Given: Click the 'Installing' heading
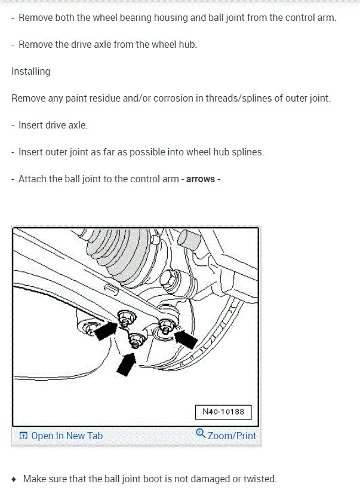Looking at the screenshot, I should (30, 71).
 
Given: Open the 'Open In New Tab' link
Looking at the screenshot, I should (66, 436).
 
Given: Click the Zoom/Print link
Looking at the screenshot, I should (232, 436).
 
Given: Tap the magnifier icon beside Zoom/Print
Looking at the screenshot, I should (201, 434).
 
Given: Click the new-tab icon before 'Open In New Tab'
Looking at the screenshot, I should (23, 436).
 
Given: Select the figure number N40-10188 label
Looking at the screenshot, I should (223, 412).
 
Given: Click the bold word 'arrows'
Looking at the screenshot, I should (201, 179).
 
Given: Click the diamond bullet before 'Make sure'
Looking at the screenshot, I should (14, 479).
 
